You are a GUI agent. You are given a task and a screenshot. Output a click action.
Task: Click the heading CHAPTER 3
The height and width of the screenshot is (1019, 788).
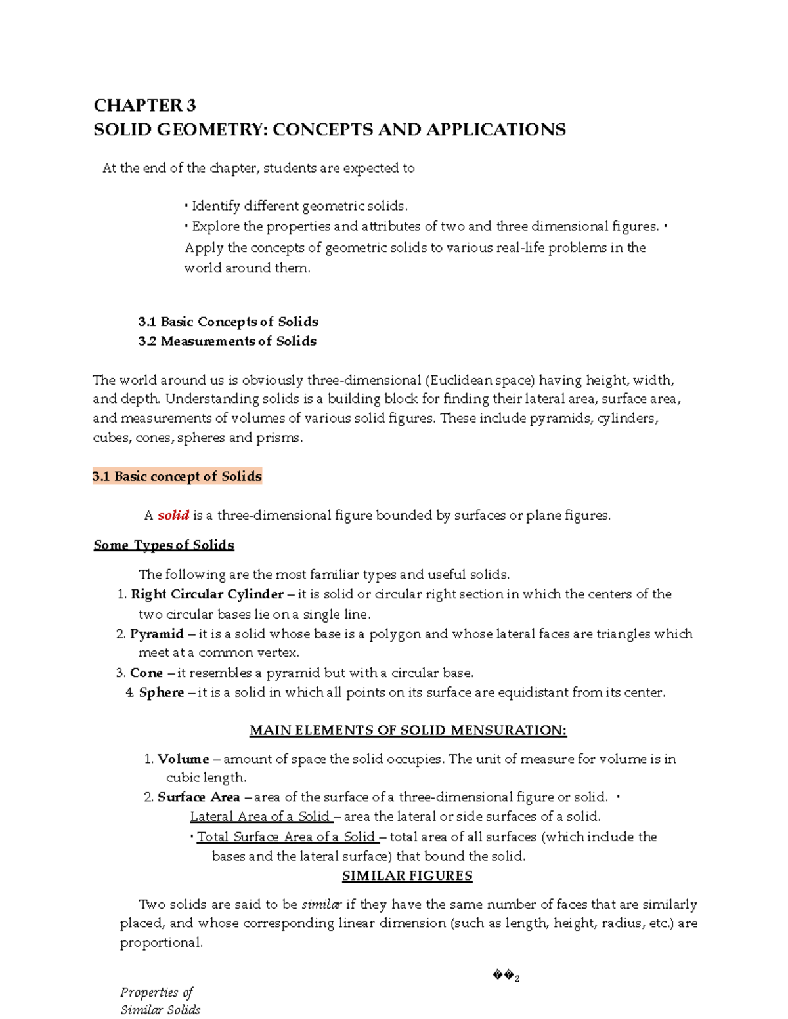144,106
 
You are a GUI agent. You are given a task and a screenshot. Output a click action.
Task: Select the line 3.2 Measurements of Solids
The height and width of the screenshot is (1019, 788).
227,341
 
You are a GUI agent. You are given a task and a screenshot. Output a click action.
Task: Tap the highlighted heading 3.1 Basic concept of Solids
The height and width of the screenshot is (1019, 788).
177,476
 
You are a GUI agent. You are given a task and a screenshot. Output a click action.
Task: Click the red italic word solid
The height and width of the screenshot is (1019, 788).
173,516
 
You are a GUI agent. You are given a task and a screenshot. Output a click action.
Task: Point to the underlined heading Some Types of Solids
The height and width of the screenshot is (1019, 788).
164,545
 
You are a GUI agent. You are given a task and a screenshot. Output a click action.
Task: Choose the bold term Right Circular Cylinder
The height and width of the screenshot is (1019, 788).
207,594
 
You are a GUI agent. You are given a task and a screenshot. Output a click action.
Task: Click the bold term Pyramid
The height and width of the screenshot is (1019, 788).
156,634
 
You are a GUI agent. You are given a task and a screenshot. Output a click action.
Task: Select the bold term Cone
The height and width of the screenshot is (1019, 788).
146,673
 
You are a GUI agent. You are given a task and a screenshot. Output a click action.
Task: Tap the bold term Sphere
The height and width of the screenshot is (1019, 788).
162,693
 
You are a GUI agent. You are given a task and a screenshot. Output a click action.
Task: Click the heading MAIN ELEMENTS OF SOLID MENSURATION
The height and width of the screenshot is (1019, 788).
408,730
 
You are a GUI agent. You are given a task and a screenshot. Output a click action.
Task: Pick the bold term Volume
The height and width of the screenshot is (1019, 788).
183,759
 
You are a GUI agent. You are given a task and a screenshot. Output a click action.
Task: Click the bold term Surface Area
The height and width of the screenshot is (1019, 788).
198,797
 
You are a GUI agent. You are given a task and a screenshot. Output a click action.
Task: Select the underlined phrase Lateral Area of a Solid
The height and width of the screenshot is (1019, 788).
260,817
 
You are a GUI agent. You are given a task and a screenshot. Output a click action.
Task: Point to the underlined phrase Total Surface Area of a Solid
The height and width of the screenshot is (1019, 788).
286,837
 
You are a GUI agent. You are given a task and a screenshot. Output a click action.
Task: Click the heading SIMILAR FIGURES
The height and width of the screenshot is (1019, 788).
407,876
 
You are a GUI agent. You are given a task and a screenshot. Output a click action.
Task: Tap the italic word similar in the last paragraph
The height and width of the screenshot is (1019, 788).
321,905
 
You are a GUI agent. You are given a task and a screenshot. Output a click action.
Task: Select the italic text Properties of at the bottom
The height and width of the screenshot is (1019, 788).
157,993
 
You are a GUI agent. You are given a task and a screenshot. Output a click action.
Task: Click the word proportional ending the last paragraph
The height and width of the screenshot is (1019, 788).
161,943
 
